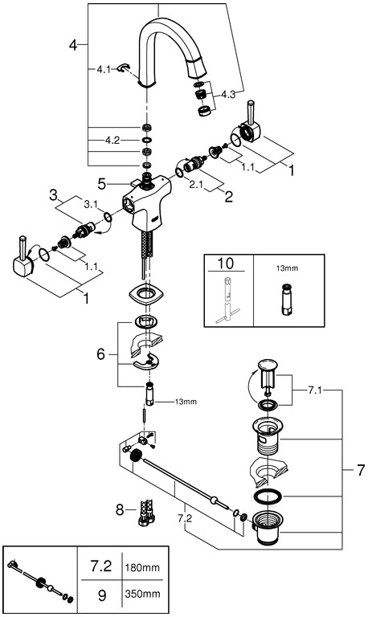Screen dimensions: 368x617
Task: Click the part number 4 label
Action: [x=73, y=45]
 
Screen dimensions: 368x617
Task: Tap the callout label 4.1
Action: [x=104, y=70]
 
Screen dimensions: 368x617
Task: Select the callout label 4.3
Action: [x=228, y=95]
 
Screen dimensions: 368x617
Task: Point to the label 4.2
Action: [x=112, y=141]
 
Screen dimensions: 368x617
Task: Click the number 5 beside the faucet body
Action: [x=102, y=184]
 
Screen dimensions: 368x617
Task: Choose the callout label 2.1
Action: [x=195, y=184]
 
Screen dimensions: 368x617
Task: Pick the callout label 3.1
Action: [x=90, y=205]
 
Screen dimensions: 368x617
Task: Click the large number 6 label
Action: [x=101, y=354]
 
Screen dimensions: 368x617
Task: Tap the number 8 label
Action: [x=120, y=510]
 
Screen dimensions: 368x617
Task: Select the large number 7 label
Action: [x=361, y=470]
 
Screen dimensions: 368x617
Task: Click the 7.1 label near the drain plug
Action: [x=314, y=390]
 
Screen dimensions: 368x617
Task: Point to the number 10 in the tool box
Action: [x=226, y=263]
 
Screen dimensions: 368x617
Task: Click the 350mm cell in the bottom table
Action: [x=142, y=594]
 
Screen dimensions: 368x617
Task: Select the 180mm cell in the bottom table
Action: [x=142, y=568]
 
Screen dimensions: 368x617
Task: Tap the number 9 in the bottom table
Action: [x=102, y=595]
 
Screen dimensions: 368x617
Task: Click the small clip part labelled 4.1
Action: [x=123, y=67]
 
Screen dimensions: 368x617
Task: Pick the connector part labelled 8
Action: [x=145, y=512]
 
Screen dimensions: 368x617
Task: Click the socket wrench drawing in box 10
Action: [x=228, y=300]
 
